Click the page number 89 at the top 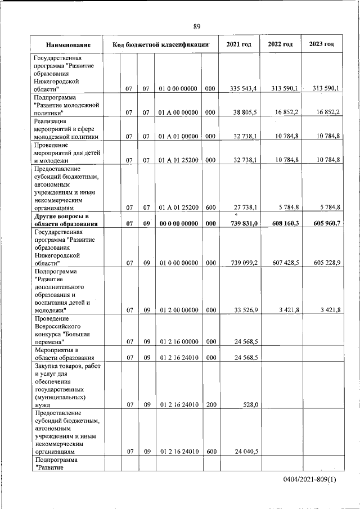pyautogui.click(x=196, y=26)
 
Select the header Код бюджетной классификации pyautogui.click(x=161, y=44)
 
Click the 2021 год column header pyautogui.click(x=238, y=44)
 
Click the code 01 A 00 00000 pyautogui.click(x=178, y=112)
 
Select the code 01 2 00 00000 pyautogui.click(x=178, y=310)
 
